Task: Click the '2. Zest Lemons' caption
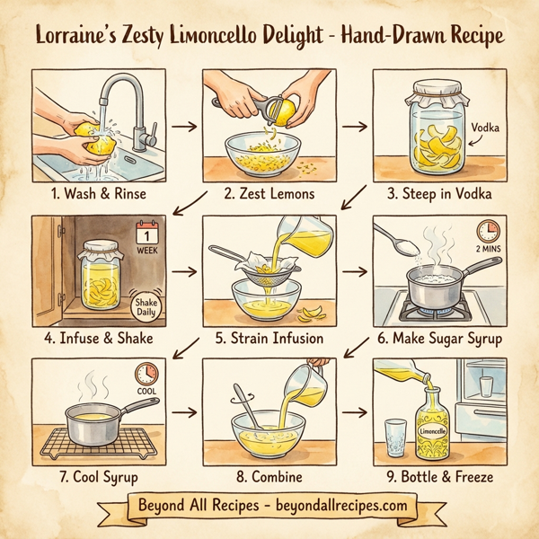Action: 269,193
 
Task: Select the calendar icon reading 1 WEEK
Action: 146,237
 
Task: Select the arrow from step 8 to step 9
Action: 355,414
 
